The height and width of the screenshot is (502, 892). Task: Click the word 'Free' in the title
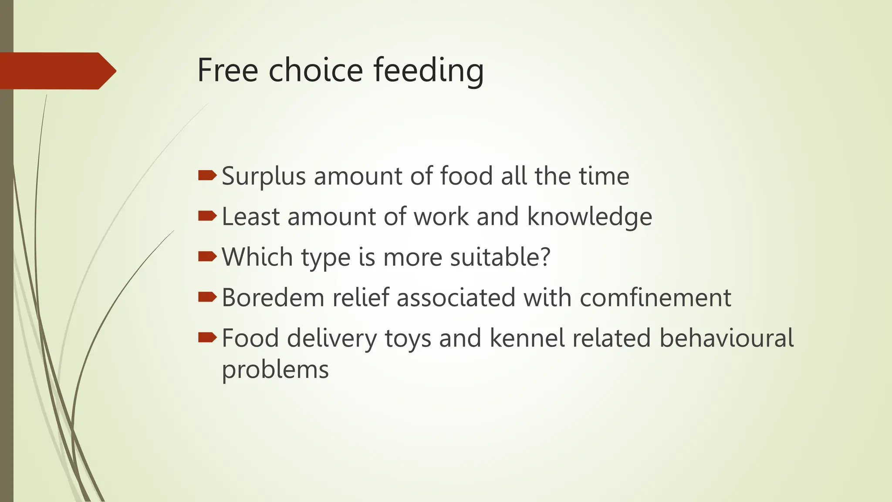point(227,70)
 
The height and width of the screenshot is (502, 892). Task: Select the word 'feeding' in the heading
point(429,70)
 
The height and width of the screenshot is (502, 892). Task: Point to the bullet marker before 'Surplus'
point(207,176)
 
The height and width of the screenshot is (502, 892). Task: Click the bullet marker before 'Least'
point(207,216)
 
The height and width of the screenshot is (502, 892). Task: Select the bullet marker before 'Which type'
point(207,256)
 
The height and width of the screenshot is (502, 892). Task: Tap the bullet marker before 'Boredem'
point(207,297)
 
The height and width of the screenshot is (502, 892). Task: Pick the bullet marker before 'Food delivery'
point(207,337)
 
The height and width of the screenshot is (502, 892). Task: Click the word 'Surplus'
point(264,176)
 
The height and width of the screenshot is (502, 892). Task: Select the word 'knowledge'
point(589,217)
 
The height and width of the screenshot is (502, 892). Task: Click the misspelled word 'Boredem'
point(273,298)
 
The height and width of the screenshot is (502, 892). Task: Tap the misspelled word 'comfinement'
point(655,298)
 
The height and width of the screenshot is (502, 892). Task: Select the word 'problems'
point(275,370)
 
